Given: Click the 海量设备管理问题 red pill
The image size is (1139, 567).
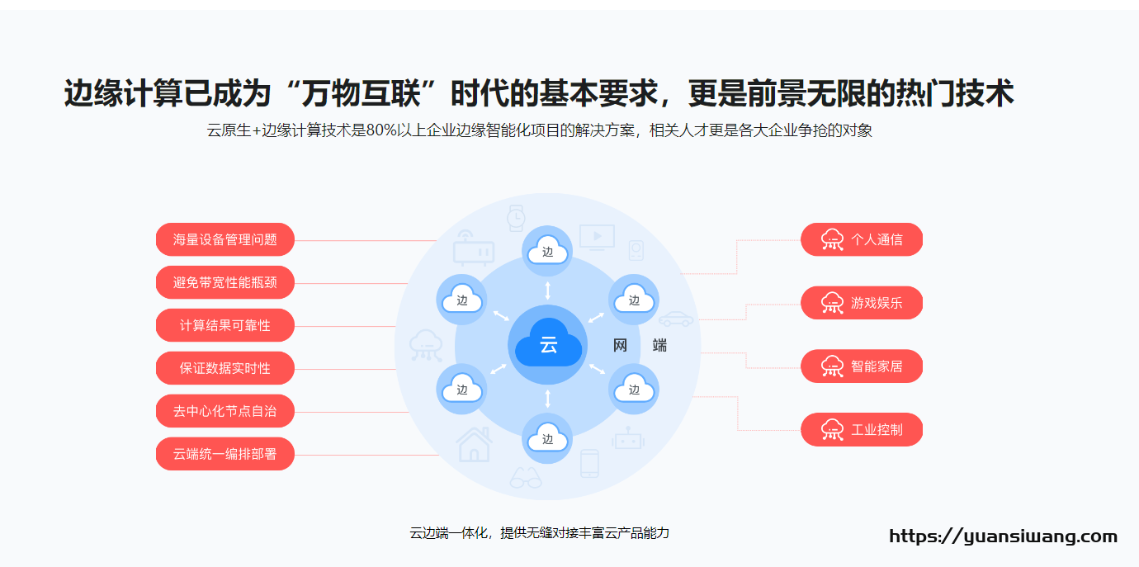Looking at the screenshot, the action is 225,239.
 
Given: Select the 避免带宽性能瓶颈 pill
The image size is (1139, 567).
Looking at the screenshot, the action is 225,282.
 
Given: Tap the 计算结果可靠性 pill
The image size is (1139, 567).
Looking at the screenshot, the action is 225,325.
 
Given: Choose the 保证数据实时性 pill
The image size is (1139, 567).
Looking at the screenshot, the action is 225,368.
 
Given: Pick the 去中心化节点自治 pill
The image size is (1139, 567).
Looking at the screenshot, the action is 225,411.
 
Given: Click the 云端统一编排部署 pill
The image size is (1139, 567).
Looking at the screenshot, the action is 225,454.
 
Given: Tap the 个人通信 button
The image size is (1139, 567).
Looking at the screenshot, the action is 862,239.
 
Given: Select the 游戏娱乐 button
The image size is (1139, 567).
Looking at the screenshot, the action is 862,303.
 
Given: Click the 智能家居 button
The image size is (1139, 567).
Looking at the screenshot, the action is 862,366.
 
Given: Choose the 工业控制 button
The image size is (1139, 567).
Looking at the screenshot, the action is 862,430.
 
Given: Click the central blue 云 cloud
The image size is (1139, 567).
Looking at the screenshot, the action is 548,344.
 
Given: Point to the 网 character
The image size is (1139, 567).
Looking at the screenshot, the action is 620,346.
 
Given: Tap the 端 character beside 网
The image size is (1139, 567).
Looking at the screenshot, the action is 659,346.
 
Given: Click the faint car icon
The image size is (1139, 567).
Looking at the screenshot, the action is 676,319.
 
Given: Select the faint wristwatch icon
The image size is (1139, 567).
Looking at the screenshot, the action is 516,219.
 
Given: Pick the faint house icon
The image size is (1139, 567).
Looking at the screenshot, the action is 474,445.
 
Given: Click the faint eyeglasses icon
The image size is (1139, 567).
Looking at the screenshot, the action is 526,478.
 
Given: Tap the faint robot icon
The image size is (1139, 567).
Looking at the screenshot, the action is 628,438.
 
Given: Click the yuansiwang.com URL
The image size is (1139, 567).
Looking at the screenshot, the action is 1004,536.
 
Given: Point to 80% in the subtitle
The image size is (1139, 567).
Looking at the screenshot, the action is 381,130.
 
